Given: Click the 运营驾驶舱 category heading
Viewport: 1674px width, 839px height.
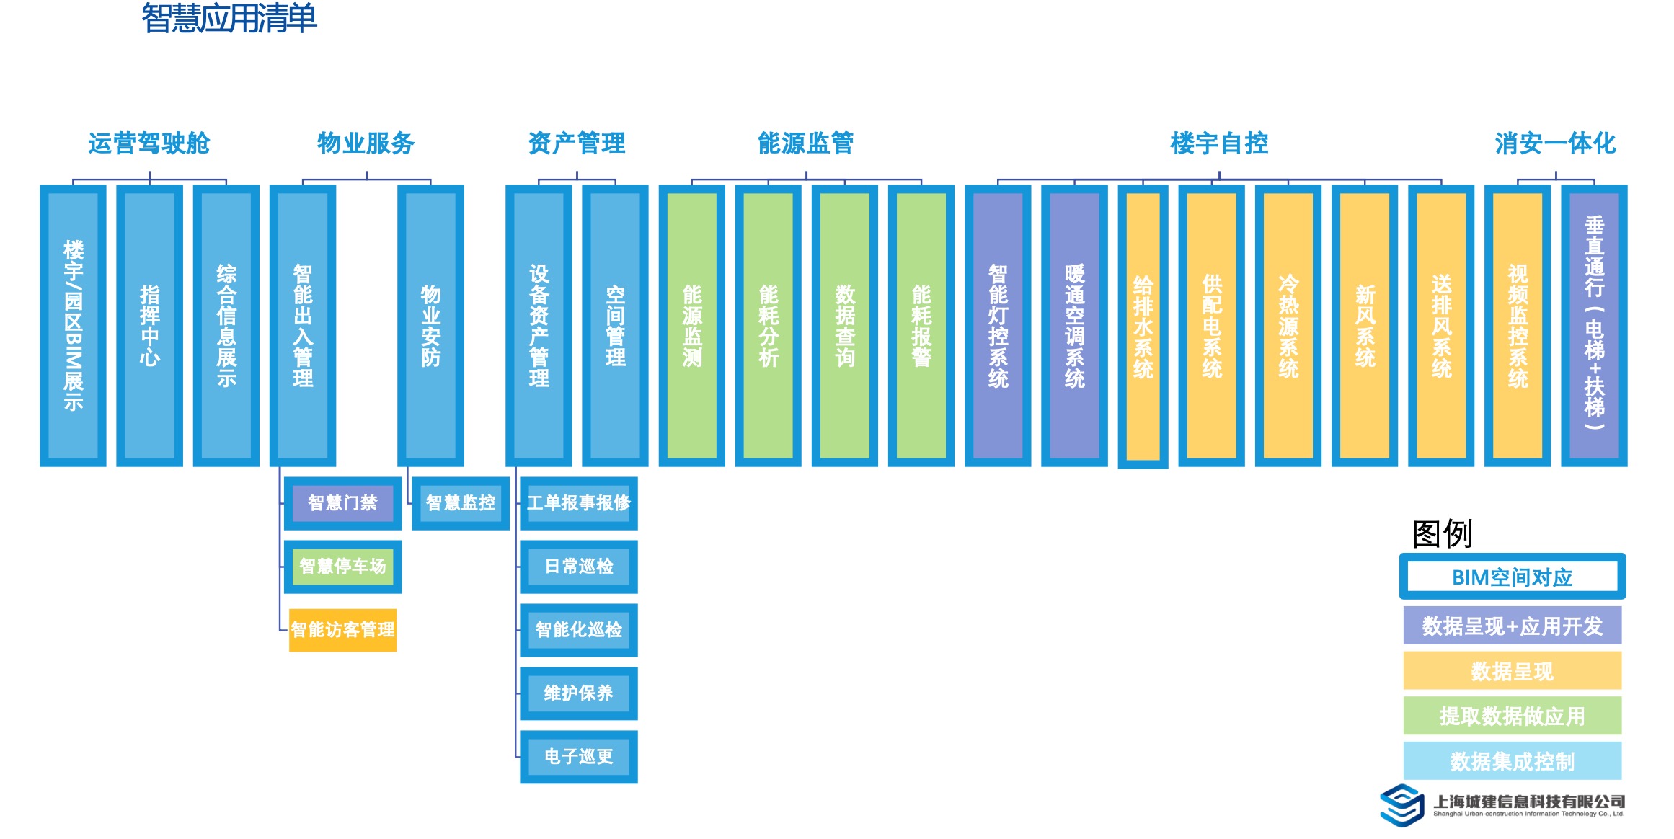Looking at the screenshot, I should coord(149,143).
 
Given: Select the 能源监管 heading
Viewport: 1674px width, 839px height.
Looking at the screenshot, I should coord(805,143).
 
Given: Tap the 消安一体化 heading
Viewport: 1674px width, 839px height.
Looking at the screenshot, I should coord(1555,143).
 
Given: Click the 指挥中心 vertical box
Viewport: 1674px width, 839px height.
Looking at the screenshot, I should coord(149,325).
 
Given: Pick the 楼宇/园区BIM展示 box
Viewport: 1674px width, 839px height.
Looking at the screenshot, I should coord(73,325).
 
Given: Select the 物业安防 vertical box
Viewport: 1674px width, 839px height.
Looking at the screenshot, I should coord(430,325).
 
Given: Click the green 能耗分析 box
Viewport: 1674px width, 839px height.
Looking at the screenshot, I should coord(768,325).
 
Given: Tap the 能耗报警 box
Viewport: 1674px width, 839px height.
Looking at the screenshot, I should coord(921,325).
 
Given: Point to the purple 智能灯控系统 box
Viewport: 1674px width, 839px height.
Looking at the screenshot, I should coord(998,325).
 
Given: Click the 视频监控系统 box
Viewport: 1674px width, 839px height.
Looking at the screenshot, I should coord(1517,325).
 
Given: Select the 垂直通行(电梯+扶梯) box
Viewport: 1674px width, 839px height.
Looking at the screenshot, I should coord(1593,325).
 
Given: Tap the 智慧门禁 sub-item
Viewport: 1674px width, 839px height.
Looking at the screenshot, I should coord(342,503).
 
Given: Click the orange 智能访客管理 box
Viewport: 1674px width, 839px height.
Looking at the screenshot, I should coord(342,630).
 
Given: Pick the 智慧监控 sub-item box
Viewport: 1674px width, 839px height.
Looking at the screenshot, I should coord(461,503).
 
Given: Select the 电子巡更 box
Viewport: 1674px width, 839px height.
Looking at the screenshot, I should coord(578,757).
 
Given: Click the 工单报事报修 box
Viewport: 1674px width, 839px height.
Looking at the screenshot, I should coord(578,503).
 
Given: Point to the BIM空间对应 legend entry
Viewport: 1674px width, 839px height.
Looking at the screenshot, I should coord(1512,577).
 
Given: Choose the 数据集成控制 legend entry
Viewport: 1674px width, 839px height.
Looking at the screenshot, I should coord(1512,761).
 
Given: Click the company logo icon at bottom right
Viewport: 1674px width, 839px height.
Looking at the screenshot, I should coord(1401,805).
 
